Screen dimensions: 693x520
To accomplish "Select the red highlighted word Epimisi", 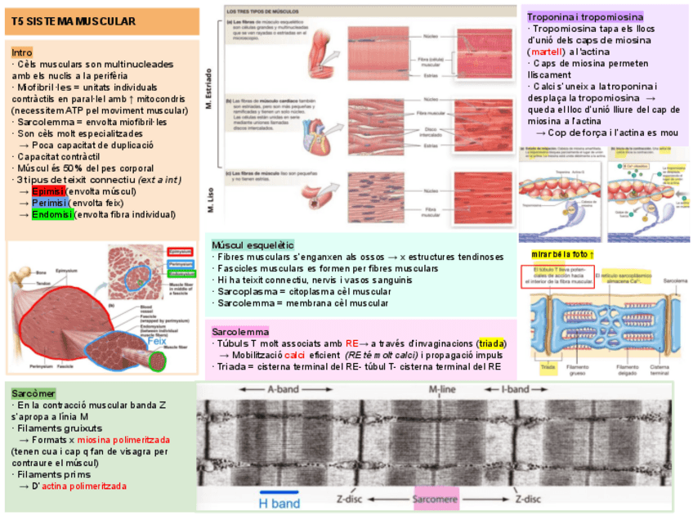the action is pos(50,191).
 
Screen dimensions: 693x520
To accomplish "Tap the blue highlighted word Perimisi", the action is pos(50,203).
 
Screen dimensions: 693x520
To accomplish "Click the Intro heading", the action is pos(22,52).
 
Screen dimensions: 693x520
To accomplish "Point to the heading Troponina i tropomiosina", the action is pos(584,16).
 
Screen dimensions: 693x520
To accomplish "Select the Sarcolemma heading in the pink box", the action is pos(240,332).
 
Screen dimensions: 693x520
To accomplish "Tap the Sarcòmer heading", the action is pos(34,393).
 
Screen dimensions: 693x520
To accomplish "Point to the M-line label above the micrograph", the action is pos(442,390).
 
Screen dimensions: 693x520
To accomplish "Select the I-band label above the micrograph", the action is pos(516,390).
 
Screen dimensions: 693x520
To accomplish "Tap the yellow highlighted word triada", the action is pos(492,343).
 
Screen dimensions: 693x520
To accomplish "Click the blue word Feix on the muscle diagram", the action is pos(157,342).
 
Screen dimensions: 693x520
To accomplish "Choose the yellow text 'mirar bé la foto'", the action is pos(562,254).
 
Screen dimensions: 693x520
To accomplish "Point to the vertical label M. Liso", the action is pos(210,199).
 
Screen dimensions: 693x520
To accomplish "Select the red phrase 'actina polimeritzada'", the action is pos(84,486).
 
